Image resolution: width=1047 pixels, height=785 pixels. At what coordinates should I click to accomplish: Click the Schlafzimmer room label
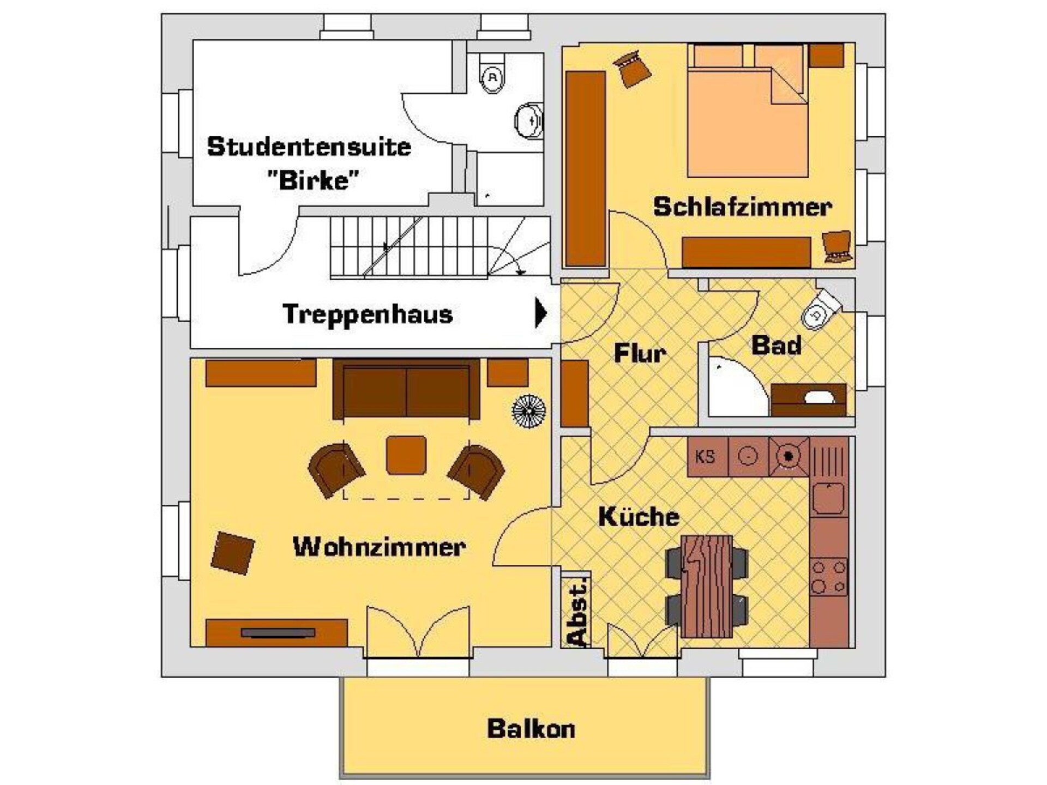(x=742, y=207)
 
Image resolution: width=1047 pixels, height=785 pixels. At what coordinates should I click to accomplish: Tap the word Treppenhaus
(x=368, y=315)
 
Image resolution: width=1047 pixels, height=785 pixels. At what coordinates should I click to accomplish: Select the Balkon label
(x=531, y=729)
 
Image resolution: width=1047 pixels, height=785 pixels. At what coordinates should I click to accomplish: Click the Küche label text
(x=639, y=516)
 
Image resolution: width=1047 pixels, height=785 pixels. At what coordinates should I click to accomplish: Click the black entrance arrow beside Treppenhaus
(x=541, y=312)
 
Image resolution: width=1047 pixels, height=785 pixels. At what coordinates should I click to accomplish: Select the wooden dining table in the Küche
(x=707, y=586)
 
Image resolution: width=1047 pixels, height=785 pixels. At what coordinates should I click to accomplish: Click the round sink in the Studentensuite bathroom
(x=528, y=120)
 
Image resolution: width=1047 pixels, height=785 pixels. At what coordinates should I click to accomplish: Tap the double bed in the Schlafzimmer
(x=747, y=111)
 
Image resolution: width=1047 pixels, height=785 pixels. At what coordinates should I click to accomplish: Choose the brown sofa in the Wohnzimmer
(x=406, y=389)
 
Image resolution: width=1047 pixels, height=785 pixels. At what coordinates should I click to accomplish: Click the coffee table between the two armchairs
(x=406, y=455)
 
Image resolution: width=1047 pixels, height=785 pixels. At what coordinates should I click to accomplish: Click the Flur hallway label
(x=640, y=353)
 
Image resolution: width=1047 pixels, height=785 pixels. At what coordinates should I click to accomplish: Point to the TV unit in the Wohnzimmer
(x=276, y=632)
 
